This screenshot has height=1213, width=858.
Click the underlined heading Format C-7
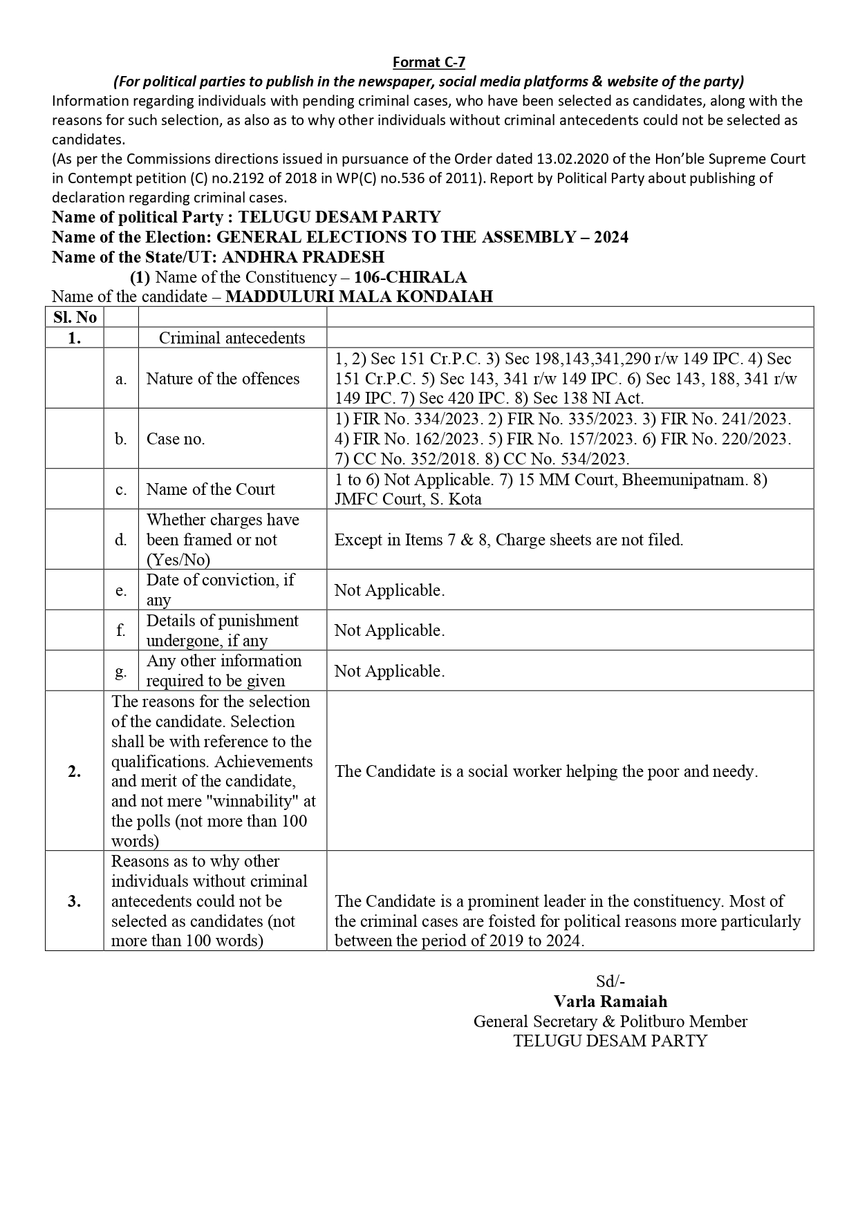pyautogui.click(x=429, y=62)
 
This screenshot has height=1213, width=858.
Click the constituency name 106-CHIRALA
pyautogui.click(x=410, y=277)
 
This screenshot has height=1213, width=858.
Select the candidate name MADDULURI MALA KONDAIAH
pyautogui.click(x=359, y=297)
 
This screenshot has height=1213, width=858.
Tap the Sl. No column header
pyautogui.click(x=75, y=317)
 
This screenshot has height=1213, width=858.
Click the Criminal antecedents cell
pyautogui.click(x=232, y=338)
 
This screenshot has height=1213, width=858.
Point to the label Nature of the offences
pyautogui.click(x=223, y=379)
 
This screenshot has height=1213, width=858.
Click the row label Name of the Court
pyautogui.click(x=210, y=489)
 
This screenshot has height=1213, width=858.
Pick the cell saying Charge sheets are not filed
pyautogui.click(x=509, y=540)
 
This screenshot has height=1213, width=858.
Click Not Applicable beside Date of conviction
pyautogui.click(x=389, y=590)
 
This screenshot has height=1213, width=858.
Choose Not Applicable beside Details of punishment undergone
pyautogui.click(x=389, y=630)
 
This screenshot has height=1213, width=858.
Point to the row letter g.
pyautogui.click(x=121, y=670)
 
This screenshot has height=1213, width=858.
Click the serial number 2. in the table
pyautogui.click(x=75, y=771)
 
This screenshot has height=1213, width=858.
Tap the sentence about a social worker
pyautogui.click(x=546, y=771)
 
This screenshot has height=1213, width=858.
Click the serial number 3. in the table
pyautogui.click(x=75, y=901)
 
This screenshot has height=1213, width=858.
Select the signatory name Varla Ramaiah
pyautogui.click(x=610, y=1001)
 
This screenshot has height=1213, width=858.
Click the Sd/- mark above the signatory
pyautogui.click(x=610, y=981)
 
